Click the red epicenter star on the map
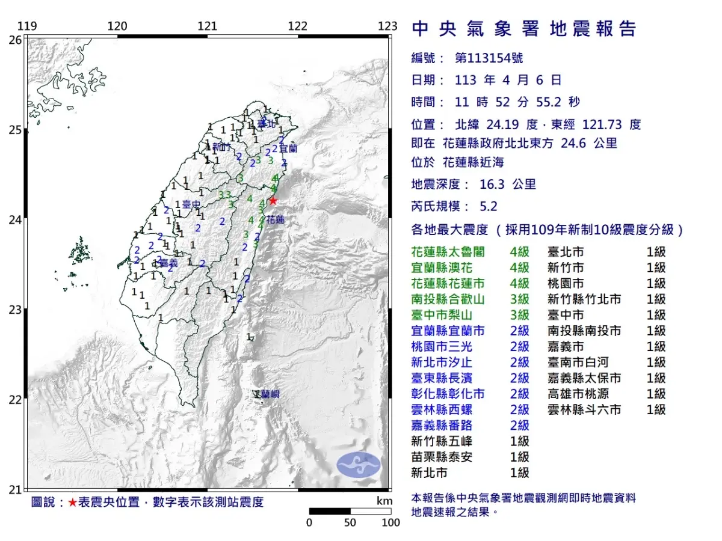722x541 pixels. (x=273, y=200)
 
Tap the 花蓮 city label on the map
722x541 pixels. (x=275, y=220)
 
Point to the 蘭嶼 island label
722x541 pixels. (x=267, y=394)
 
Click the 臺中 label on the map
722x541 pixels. (x=191, y=205)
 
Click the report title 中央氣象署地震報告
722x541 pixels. (x=523, y=29)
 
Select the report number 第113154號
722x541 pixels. (x=489, y=58)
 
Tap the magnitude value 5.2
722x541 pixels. (x=489, y=206)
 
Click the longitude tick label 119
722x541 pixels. (x=26, y=26)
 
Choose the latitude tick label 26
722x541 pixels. (x=16, y=40)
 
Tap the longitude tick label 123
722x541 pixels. (x=388, y=26)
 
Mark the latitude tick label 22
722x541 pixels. (x=16, y=400)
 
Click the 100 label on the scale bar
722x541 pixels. (x=390, y=522)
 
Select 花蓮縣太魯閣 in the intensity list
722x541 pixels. (x=448, y=252)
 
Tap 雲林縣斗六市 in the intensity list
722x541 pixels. (x=584, y=410)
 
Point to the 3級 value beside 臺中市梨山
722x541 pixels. (x=519, y=315)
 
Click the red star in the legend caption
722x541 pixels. (x=72, y=503)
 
